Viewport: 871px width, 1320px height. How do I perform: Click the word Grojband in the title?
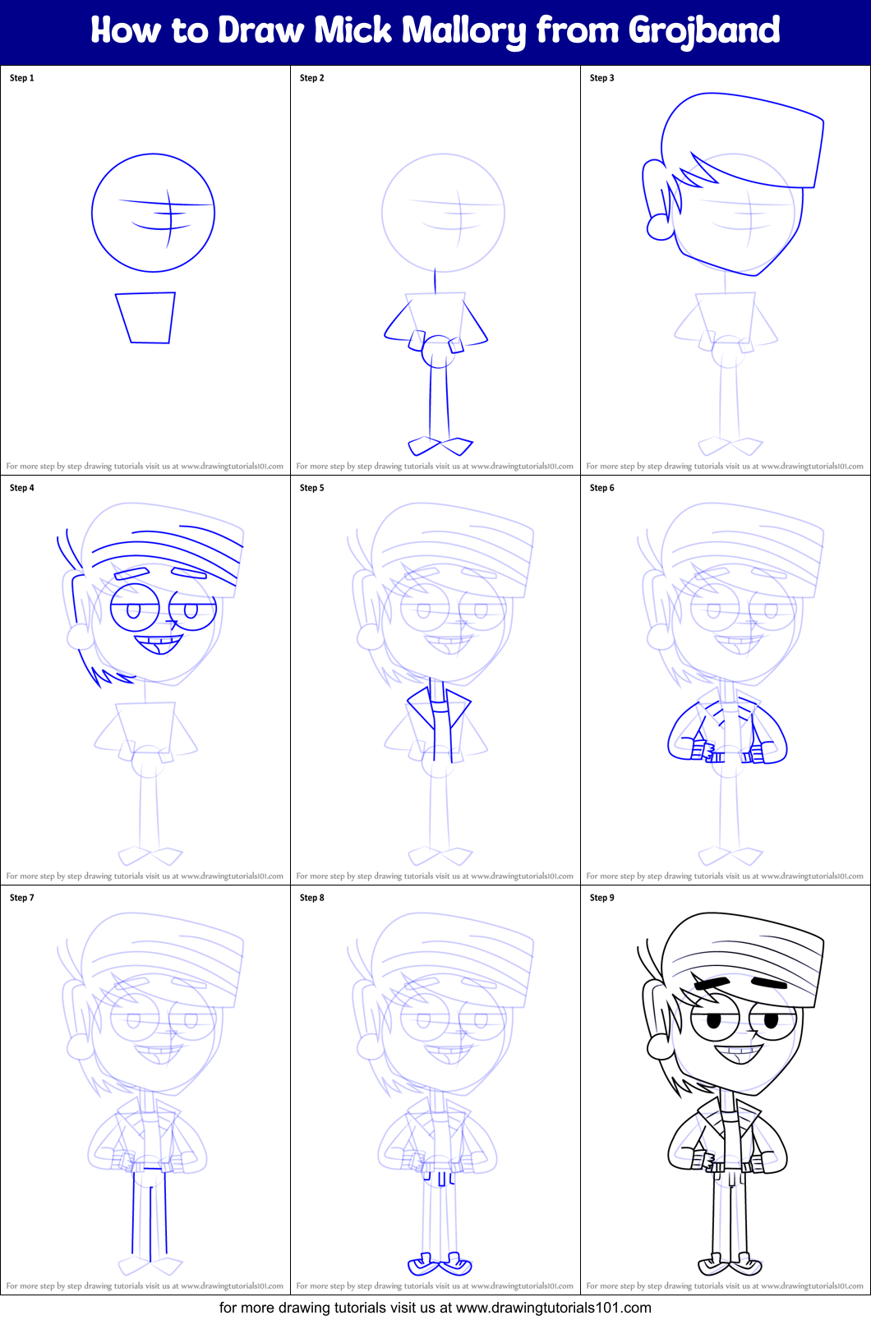click(704, 31)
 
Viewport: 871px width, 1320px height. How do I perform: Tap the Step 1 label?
click(22, 78)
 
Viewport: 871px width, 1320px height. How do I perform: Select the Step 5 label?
click(312, 488)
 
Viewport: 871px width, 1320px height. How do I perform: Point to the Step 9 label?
click(602, 898)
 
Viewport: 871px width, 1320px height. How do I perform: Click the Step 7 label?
click(22, 898)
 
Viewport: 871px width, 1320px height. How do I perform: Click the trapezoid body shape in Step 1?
click(146, 317)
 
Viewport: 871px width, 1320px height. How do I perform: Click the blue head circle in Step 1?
click(153, 213)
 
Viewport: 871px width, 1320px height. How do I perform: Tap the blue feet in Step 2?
click(440, 446)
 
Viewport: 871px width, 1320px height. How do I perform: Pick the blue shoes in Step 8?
click(440, 1263)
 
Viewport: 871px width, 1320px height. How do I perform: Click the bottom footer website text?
click(435, 1308)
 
